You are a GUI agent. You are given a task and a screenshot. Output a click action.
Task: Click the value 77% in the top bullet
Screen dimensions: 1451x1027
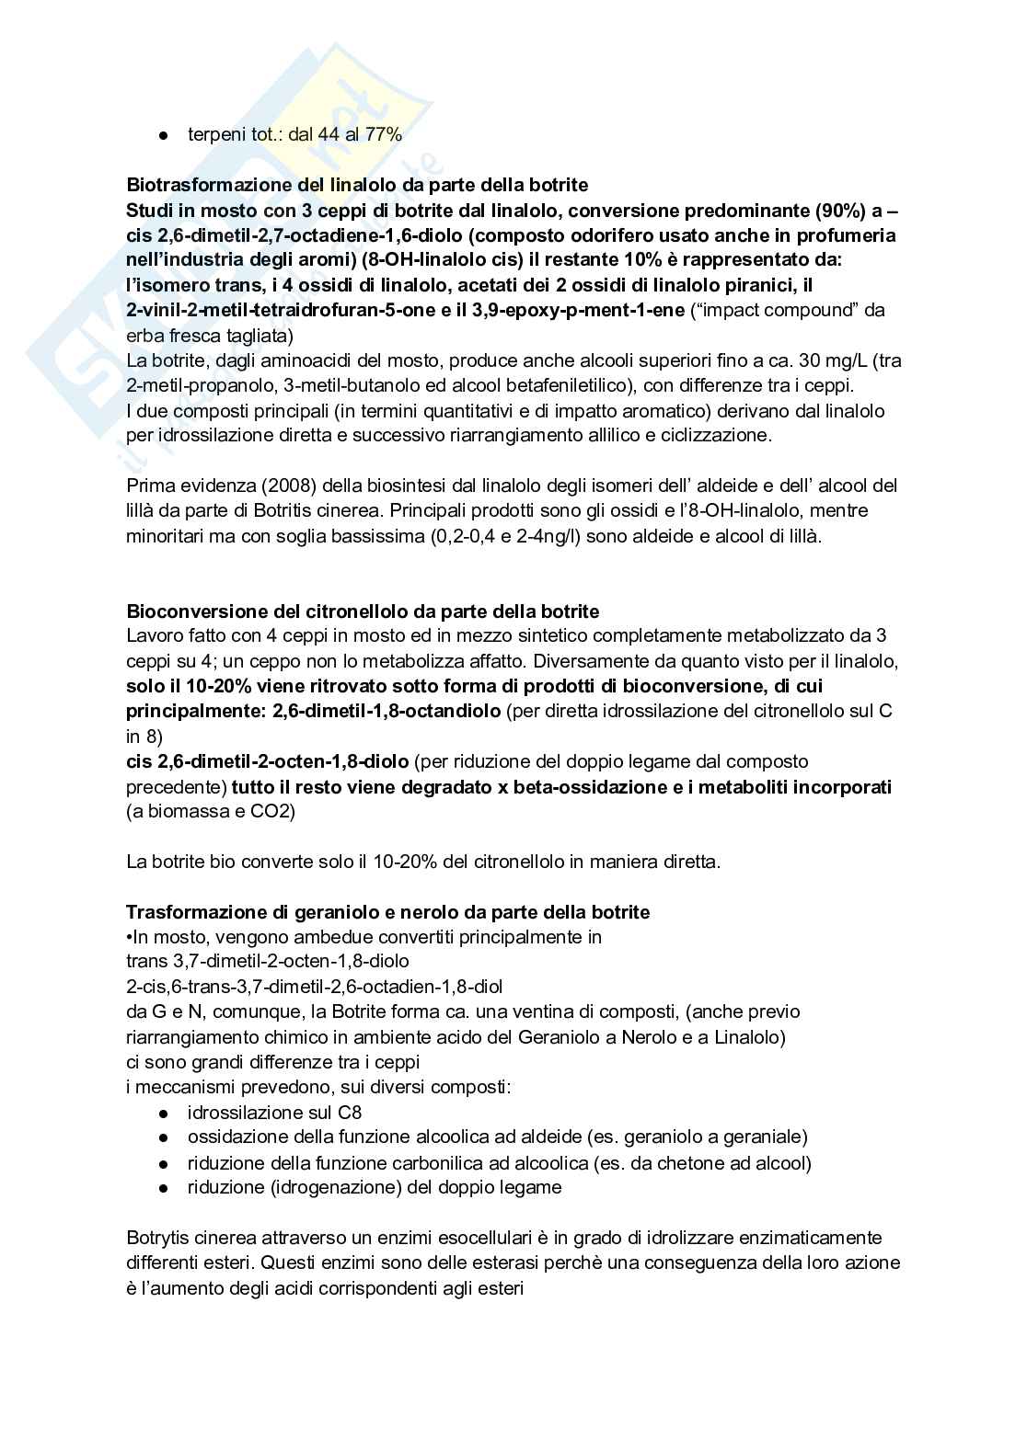pyautogui.click(x=384, y=134)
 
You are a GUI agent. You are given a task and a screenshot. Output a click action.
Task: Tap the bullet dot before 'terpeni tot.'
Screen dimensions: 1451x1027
pyautogui.click(x=164, y=135)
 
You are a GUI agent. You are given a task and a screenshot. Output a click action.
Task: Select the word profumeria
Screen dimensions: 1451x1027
pyautogui.click(x=844, y=234)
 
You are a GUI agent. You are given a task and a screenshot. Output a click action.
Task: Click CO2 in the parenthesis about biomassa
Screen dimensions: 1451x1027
pyautogui.click(x=268, y=812)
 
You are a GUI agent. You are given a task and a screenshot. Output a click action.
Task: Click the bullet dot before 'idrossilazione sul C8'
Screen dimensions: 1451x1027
pyautogui.click(x=164, y=1113)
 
